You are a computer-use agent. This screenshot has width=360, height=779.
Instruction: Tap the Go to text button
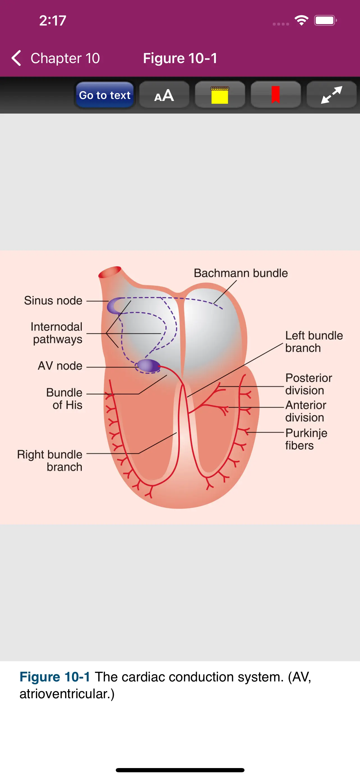tap(105, 95)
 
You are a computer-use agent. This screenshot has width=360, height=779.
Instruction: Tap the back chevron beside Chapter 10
tap(16, 58)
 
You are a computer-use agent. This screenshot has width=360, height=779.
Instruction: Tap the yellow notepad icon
tap(220, 95)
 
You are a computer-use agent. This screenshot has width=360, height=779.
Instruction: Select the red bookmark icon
tap(275, 95)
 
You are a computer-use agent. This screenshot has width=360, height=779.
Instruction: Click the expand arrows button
tap(331, 95)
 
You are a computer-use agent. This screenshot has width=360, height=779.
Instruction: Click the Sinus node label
tap(53, 301)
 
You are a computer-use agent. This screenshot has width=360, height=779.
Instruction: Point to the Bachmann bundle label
tap(241, 273)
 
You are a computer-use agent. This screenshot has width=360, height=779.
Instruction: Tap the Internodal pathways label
tap(57, 333)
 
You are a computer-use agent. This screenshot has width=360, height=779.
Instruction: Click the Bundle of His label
tap(64, 398)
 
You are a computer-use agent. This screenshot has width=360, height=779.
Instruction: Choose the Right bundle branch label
tap(50, 460)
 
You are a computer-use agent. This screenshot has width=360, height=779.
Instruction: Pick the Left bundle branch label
tap(314, 342)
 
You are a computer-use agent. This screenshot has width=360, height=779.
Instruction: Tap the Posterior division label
tap(308, 384)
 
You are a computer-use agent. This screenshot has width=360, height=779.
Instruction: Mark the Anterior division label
tap(306, 411)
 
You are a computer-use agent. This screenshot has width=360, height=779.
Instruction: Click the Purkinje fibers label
tap(306, 439)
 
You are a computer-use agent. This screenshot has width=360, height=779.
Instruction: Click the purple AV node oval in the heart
tap(148, 366)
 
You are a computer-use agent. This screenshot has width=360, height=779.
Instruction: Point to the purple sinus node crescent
tap(113, 306)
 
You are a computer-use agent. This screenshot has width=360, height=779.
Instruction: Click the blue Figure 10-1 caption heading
tap(55, 677)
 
